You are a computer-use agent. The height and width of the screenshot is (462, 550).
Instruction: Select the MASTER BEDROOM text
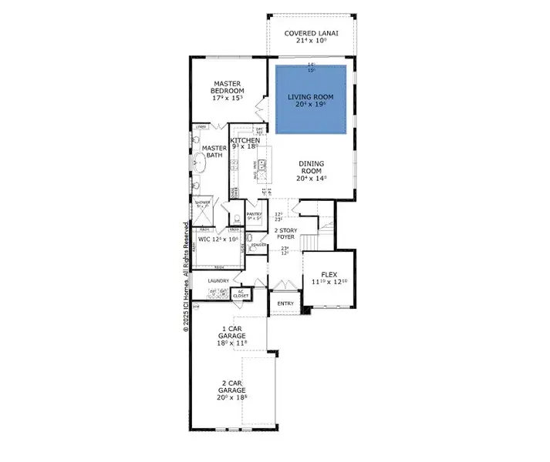point(228,91)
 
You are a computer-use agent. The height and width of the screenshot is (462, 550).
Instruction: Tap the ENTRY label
point(285,303)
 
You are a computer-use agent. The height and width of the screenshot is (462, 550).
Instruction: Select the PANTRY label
point(255,216)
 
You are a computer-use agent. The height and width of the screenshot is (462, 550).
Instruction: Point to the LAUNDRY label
point(218,280)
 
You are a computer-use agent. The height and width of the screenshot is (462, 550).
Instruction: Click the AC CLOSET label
point(241,293)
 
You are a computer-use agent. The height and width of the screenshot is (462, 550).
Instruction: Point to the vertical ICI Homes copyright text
point(186,277)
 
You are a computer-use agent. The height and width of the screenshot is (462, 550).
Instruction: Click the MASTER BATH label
point(214,152)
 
